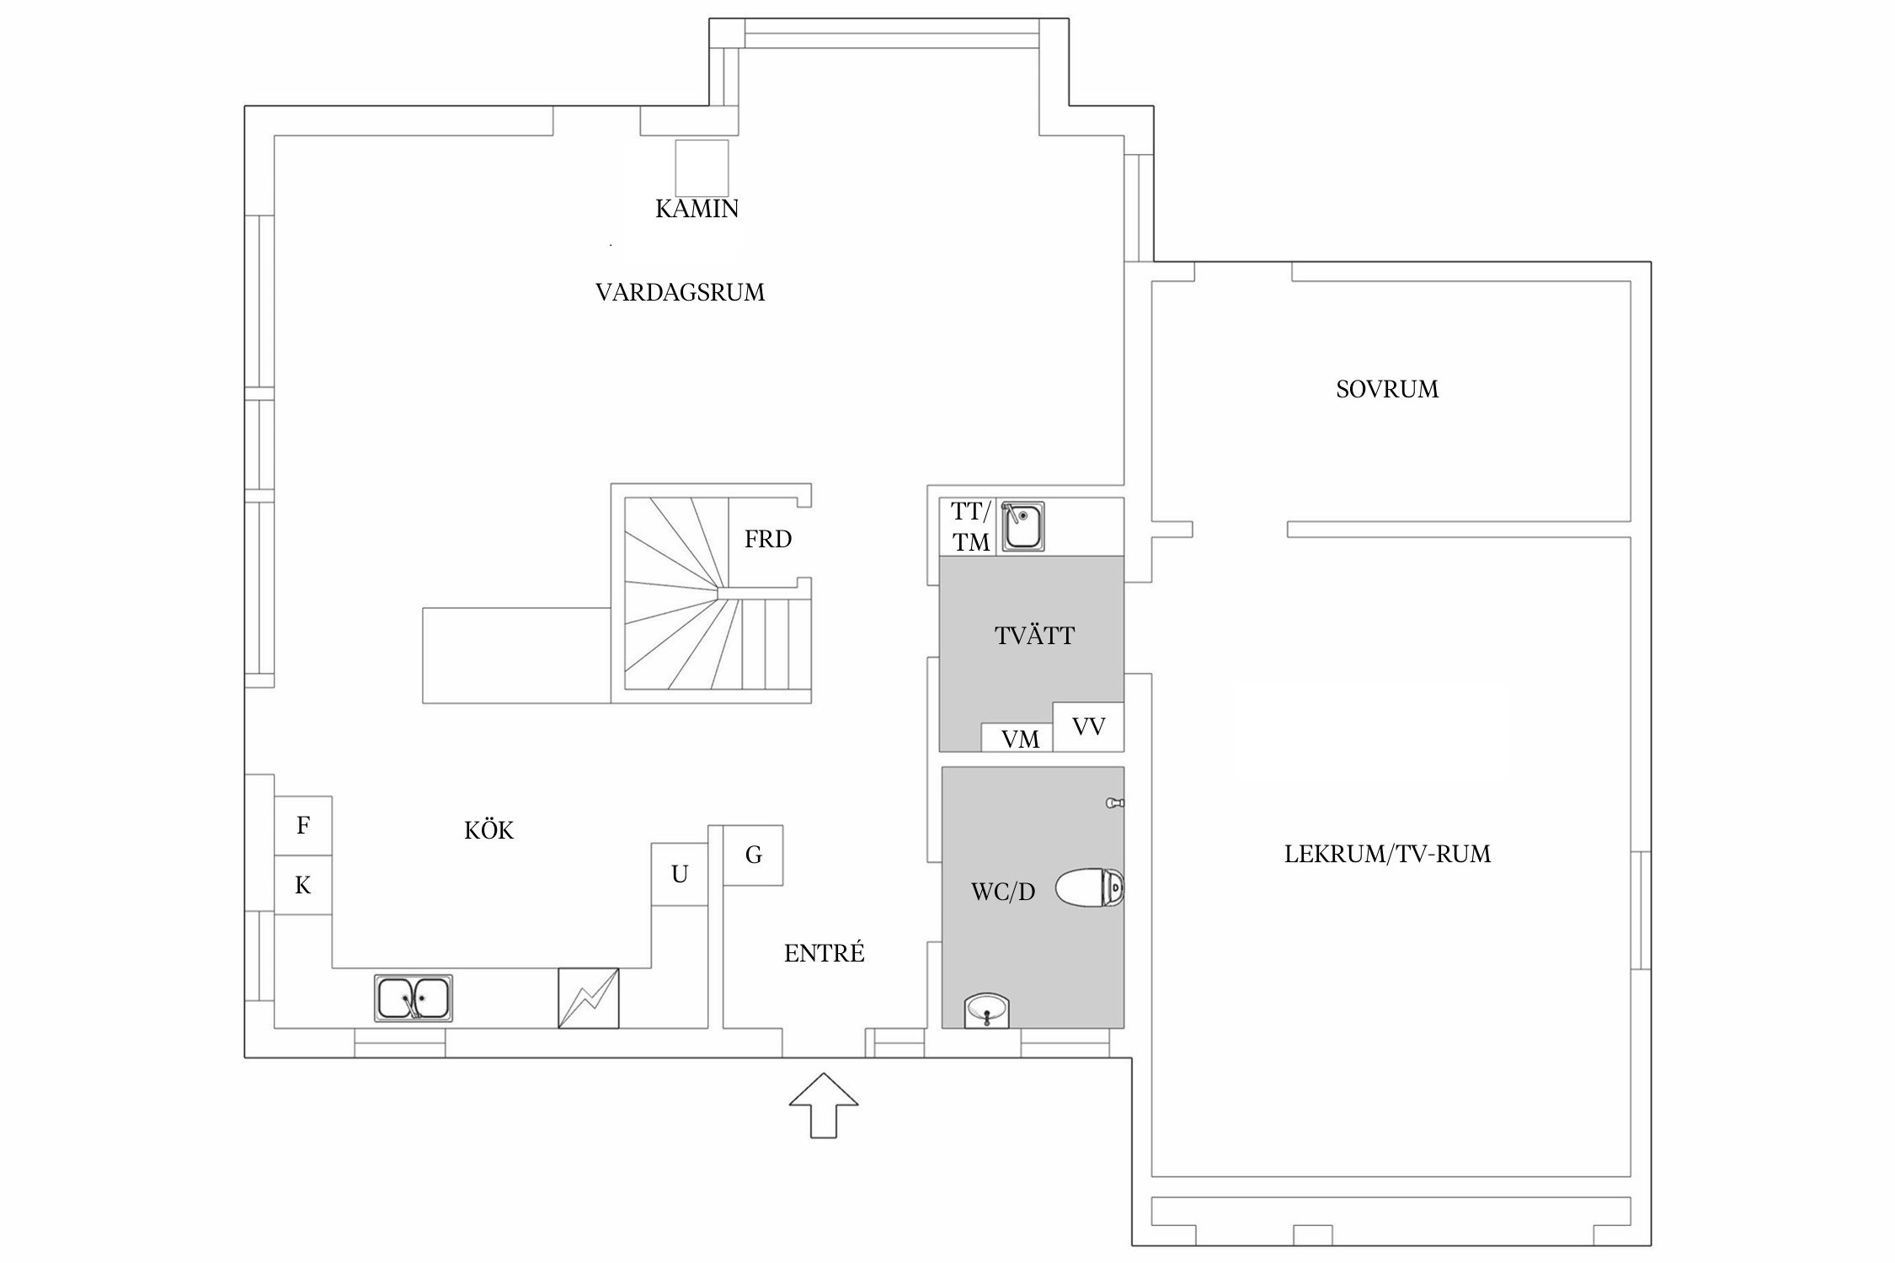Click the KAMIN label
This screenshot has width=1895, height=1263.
coord(697,209)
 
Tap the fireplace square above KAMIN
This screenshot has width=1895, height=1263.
coord(702,168)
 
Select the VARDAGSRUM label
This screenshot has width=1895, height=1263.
coord(680,293)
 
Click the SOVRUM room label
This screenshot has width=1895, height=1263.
coord(1387,389)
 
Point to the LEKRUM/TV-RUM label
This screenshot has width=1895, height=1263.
coord(1387,854)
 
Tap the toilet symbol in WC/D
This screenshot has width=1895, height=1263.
coord(1089,888)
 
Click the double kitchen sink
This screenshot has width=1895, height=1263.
coord(414,999)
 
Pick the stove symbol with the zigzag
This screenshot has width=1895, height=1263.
coord(589,999)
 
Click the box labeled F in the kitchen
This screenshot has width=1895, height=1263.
coord(303,826)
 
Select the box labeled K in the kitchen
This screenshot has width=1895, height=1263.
coord(303,885)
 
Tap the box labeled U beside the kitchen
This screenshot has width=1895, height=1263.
coord(680,875)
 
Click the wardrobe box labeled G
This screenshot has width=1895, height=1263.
coord(754,855)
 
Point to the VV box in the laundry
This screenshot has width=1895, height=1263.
coord(1088,726)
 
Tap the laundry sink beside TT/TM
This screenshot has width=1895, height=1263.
coord(1022,527)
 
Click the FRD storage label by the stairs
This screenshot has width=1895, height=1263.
coord(768,539)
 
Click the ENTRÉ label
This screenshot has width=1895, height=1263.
coord(824,953)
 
